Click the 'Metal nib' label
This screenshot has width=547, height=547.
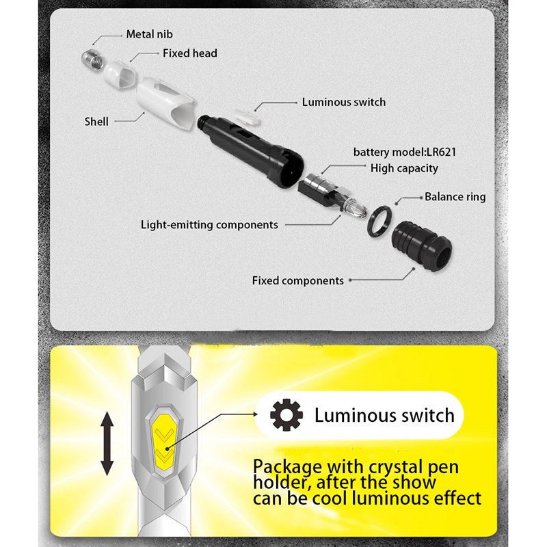[149, 34]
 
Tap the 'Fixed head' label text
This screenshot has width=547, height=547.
[189, 53]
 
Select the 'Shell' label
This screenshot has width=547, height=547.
[96, 122]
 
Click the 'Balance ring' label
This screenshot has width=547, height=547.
[455, 197]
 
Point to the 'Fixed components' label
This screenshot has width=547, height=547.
[297, 280]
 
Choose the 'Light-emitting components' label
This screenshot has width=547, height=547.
[209, 224]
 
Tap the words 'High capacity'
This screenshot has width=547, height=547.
[404, 168]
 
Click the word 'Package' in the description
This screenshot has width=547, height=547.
[286, 468]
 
